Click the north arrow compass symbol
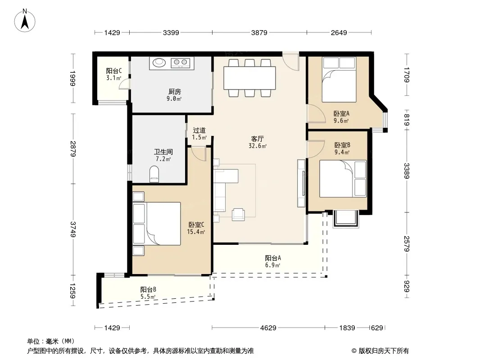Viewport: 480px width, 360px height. coord(25,21)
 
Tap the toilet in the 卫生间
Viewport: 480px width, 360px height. coord(154,174)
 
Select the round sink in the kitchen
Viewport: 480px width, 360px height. coord(159,63)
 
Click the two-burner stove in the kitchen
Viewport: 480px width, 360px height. coord(180,63)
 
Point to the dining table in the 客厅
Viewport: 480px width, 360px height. coord(249,78)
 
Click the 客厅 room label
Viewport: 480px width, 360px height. coord(258,139)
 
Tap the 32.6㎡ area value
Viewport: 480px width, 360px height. coord(258,146)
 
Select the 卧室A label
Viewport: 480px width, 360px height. coord(341,113)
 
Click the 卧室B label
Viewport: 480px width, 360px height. coord(342,145)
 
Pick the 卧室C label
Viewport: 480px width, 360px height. coord(196,225)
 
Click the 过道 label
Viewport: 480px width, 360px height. coord(199,130)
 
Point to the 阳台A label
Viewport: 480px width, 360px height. coord(273,258)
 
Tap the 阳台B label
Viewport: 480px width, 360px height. coord(148,289)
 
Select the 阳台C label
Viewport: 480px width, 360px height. coord(114,71)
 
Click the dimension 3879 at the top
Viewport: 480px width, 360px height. coord(259,32)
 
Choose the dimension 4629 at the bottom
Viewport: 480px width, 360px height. coord(268,328)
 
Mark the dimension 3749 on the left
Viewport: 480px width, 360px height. coord(73,229)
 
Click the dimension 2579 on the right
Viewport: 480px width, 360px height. coord(407,244)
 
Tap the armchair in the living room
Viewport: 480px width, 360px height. coord(238,214)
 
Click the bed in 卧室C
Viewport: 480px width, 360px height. coord(156,224)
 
